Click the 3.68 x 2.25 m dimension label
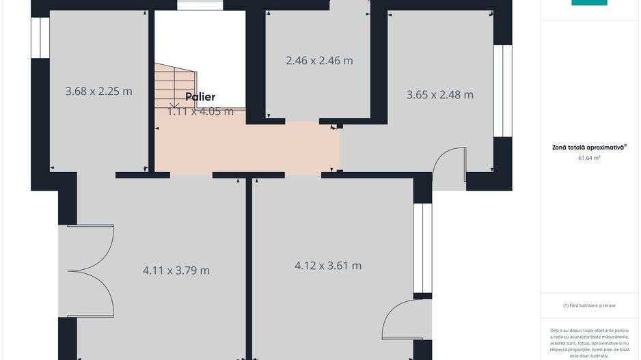click(x=99, y=91)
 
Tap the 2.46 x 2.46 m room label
click(x=319, y=61)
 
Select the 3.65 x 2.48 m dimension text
click(x=440, y=95)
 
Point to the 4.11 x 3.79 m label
click(x=176, y=271)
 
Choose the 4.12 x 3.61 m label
click(x=328, y=266)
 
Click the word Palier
click(x=200, y=97)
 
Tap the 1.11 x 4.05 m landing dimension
click(x=200, y=111)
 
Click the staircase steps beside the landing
click(x=176, y=86)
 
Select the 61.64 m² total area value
click(x=589, y=158)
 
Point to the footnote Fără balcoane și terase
click(x=589, y=305)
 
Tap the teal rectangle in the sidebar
click(x=589, y=3)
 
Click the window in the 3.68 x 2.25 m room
click(x=40, y=38)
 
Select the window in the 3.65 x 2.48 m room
click(x=502, y=91)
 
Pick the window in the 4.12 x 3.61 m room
click(x=422, y=248)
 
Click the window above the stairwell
click(x=200, y=5)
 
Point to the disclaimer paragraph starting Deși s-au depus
click(x=589, y=343)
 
